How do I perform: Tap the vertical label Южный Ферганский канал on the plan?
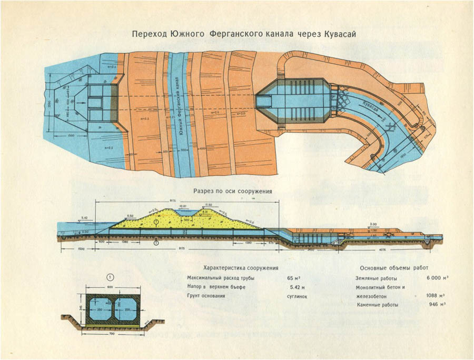pos(180,109)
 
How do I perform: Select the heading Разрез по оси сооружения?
pos(233,191)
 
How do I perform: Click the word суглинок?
pos(297,296)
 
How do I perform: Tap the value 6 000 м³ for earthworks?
pos(435,277)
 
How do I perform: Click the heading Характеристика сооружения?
pos(241,268)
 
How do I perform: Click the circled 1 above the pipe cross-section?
pos(110,276)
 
